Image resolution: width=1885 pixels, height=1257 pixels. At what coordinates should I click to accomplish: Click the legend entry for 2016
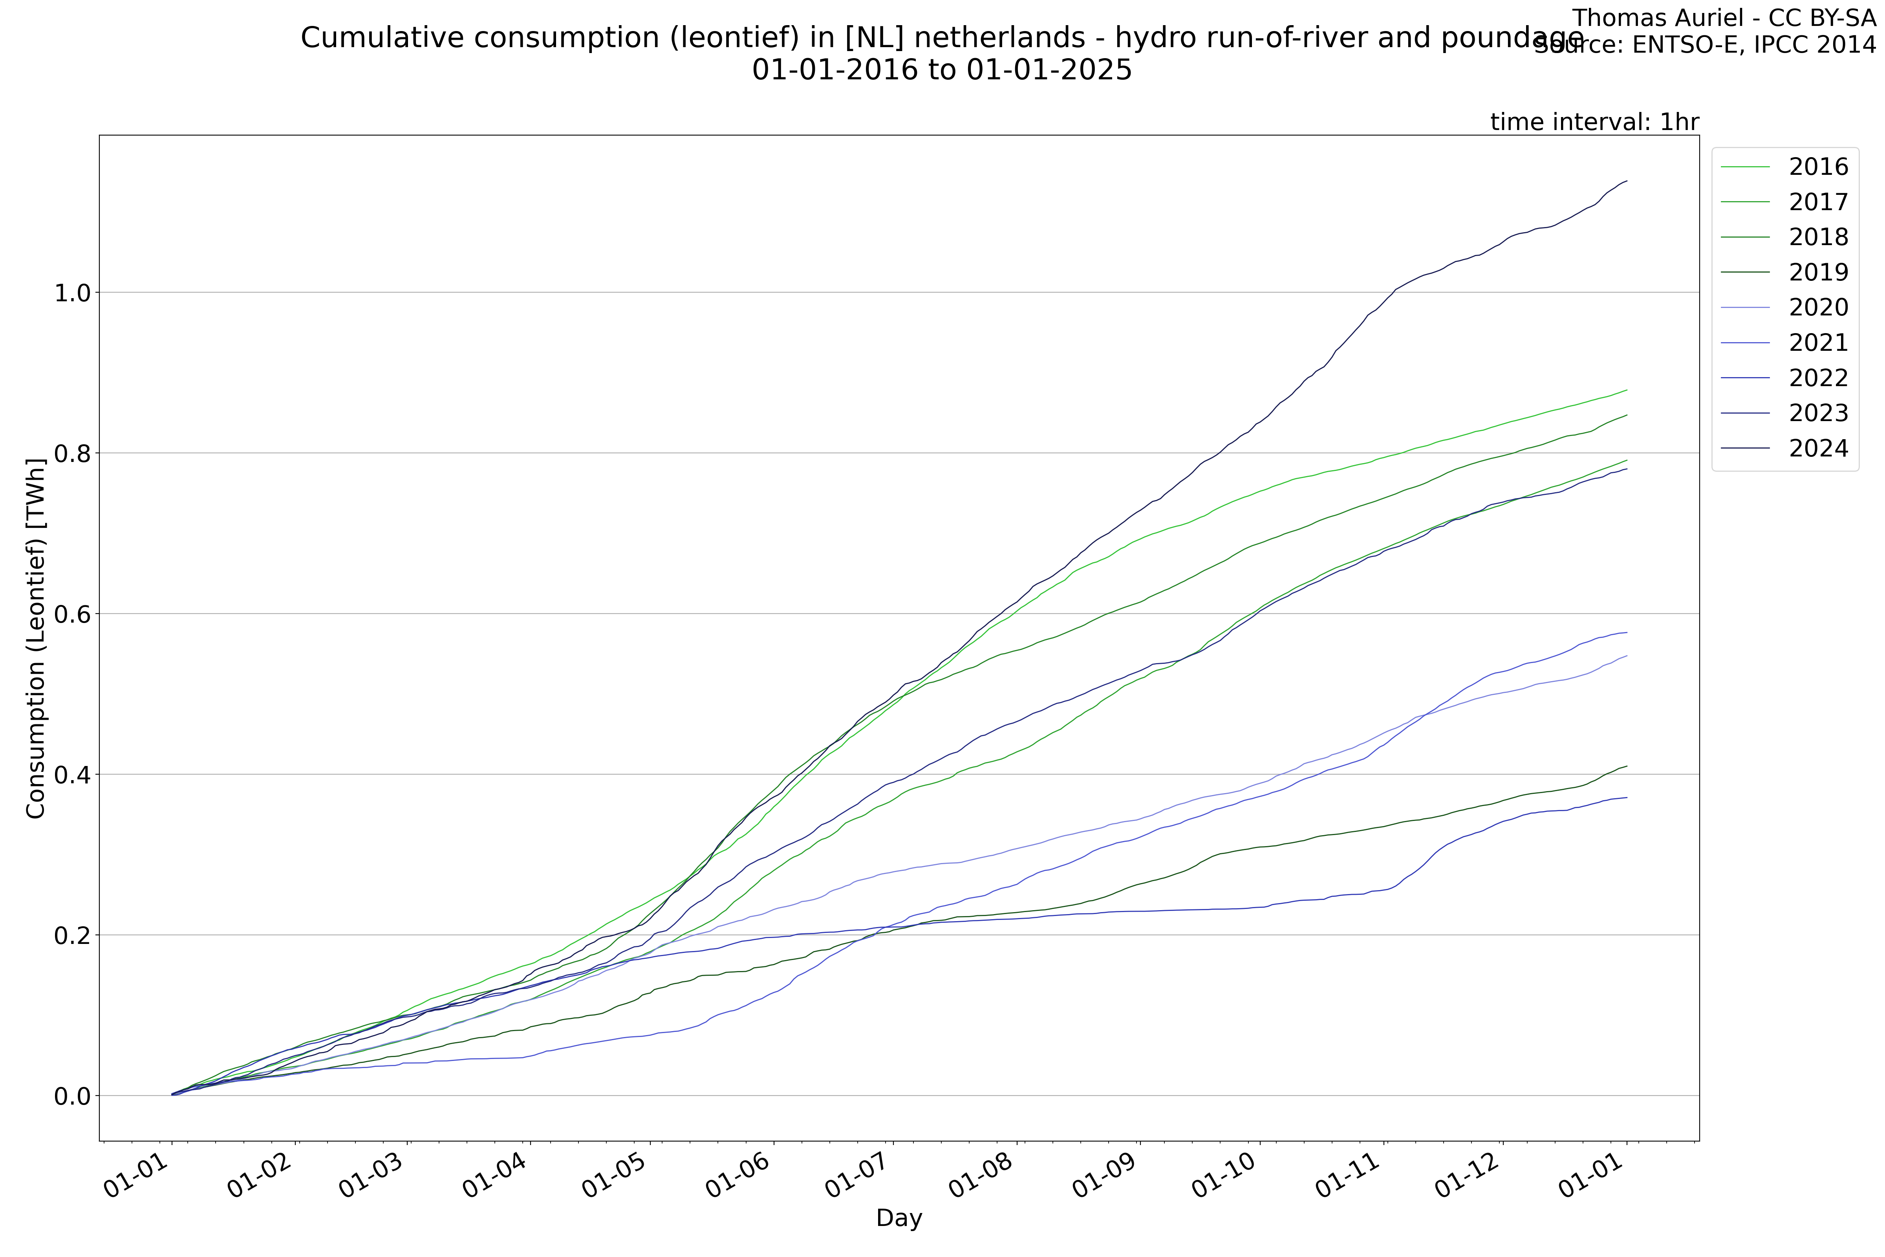1818,167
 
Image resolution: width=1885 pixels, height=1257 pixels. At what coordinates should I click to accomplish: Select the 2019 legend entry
1818,273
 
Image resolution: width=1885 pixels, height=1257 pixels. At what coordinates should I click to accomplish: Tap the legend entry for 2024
1818,448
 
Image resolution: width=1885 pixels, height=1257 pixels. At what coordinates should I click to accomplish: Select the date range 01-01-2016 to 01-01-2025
942,71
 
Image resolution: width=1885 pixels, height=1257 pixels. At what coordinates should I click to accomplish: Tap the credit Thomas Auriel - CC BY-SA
1723,18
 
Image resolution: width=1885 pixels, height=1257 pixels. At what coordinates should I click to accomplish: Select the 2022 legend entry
1818,377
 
